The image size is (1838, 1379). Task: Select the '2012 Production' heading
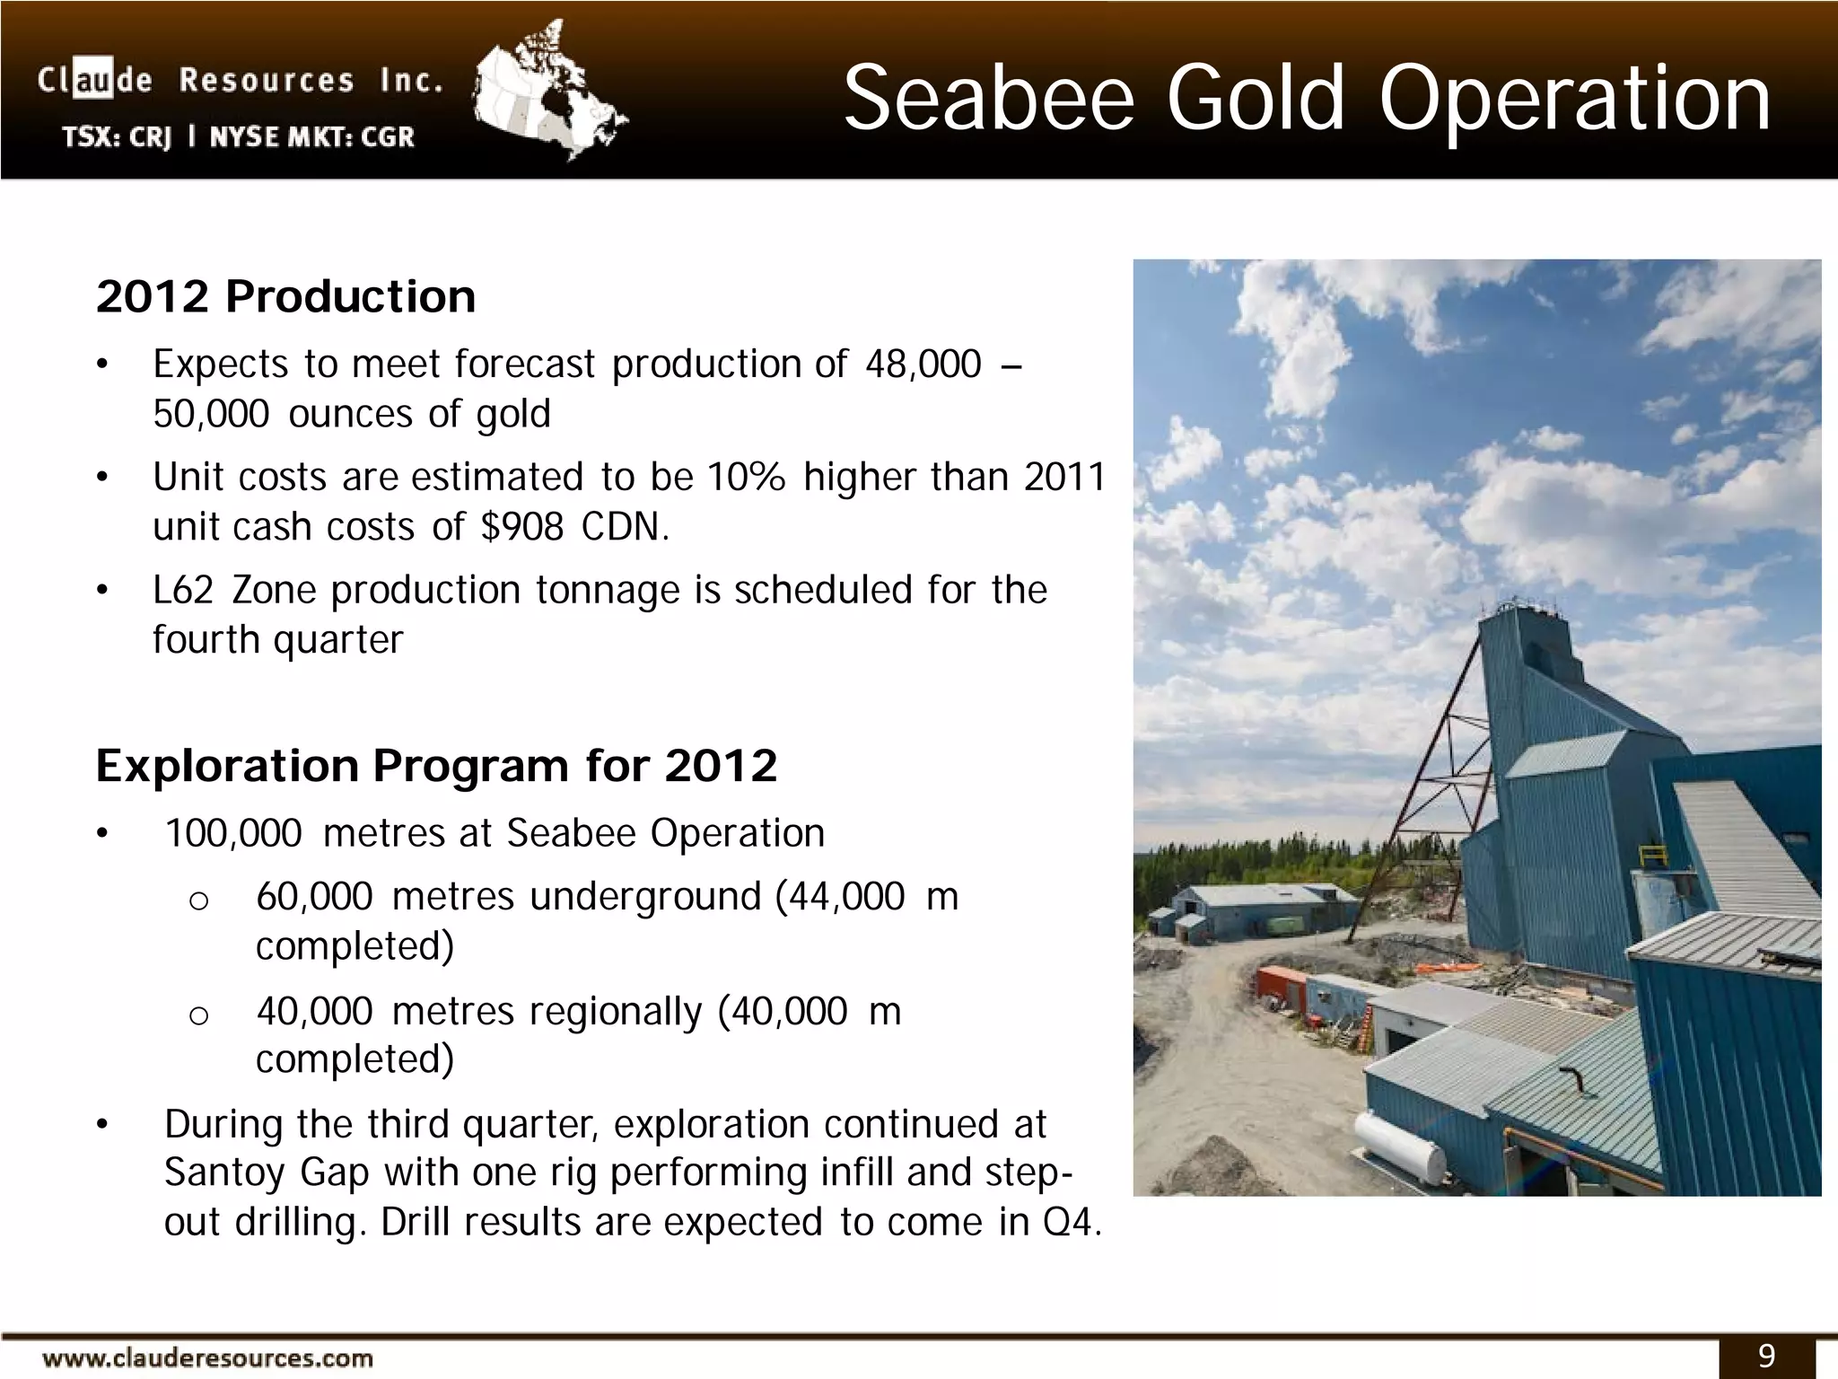click(x=285, y=296)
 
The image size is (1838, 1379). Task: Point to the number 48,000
click(x=923, y=365)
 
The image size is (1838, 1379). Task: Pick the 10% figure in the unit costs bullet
click(x=746, y=477)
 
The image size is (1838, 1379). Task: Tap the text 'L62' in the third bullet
click(x=183, y=591)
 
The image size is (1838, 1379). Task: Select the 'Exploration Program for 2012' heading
click(x=436, y=766)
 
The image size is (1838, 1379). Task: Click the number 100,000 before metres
click(x=233, y=834)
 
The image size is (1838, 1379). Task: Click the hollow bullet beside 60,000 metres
click(x=199, y=900)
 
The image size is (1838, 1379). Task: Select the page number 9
click(x=1766, y=1355)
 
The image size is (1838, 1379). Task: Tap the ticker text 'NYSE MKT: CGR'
click(x=312, y=137)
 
